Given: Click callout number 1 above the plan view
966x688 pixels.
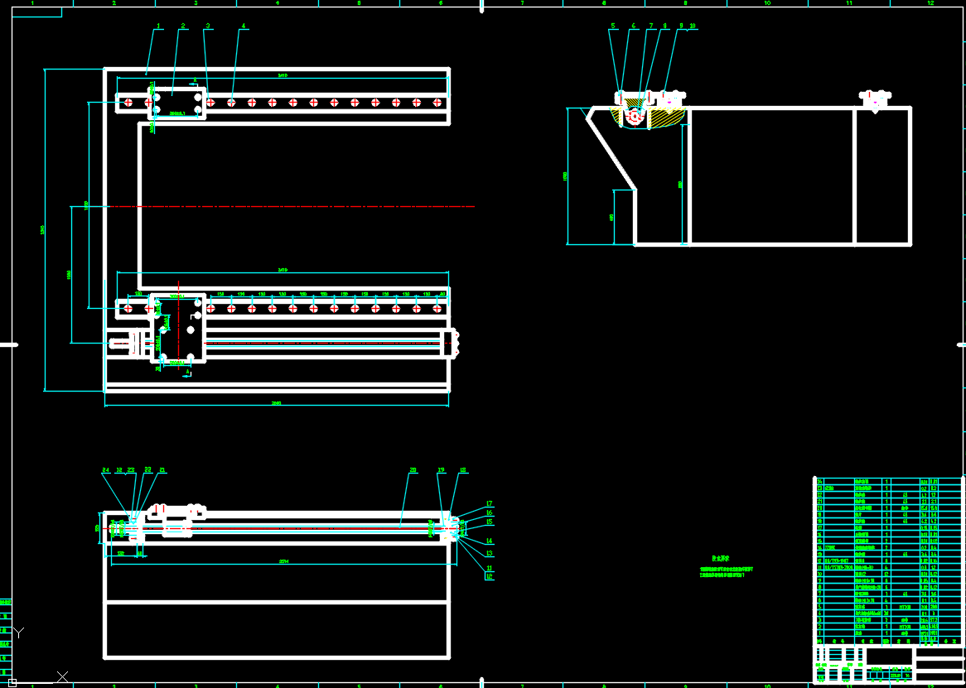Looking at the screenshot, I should pyautogui.click(x=157, y=26).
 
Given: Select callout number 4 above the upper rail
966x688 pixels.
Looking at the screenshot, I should pyautogui.click(x=244, y=26).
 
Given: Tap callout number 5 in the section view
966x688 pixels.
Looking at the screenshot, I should pyautogui.click(x=613, y=26).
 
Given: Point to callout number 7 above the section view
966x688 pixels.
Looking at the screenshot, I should pyautogui.click(x=651, y=26).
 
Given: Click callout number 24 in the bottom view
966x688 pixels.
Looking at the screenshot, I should pyautogui.click(x=105, y=470).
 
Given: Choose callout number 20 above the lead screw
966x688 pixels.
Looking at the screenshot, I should pyautogui.click(x=413, y=470).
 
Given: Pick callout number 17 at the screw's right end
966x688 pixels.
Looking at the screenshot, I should pyautogui.click(x=490, y=503).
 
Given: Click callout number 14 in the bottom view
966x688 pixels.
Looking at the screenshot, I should pyautogui.click(x=489, y=541).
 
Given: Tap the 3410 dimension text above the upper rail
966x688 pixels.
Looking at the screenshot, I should pyautogui.click(x=283, y=76).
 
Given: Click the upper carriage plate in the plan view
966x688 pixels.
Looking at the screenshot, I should pyautogui.click(x=176, y=103).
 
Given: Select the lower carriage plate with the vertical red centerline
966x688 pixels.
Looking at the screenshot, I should pyautogui.click(x=177, y=327).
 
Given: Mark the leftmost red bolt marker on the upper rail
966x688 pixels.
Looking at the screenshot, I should pyautogui.click(x=128, y=103).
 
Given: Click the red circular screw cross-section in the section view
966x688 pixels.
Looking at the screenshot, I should pyautogui.click(x=635, y=117).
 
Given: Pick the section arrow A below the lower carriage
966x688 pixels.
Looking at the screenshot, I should pyautogui.click(x=187, y=373).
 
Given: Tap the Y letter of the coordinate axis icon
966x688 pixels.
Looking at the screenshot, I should pyautogui.click(x=19, y=633).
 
